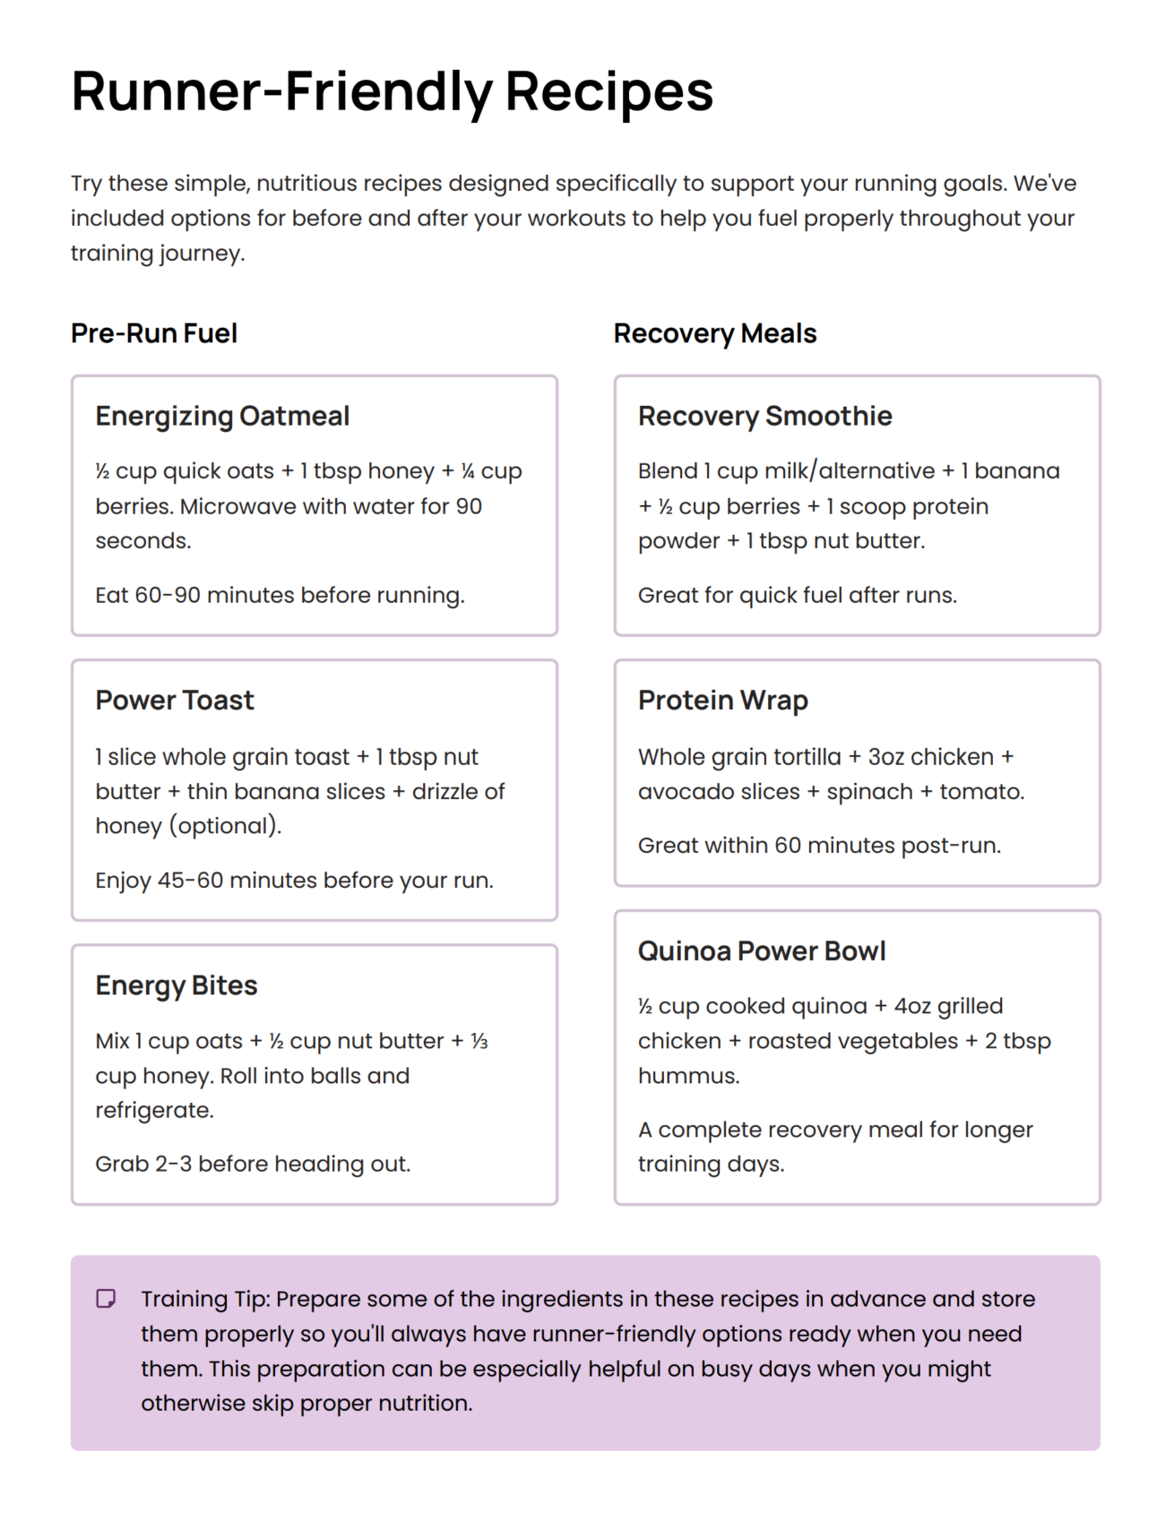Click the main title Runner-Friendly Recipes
(x=392, y=91)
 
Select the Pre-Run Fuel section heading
(x=154, y=333)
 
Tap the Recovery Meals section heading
(x=714, y=333)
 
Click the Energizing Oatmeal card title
(x=222, y=416)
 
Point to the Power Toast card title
(x=175, y=700)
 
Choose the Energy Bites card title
(x=177, y=985)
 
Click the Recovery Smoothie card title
(x=764, y=416)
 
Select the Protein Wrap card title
(x=722, y=700)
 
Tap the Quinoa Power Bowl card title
(x=761, y=950)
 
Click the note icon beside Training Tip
(x=106, y=1298)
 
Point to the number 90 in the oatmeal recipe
(x=469, y=506)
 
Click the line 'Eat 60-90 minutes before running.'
(x=280, y=595)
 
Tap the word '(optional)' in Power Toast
(x=224, y=825)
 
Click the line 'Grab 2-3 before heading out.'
(x=253, y=1164)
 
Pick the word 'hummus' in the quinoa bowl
(x=687, y=1075)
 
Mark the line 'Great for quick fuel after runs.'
(x=797, y=595)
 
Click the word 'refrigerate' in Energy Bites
(x=153, y=1110)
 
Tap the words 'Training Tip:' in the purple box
(x=205, y=1299)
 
